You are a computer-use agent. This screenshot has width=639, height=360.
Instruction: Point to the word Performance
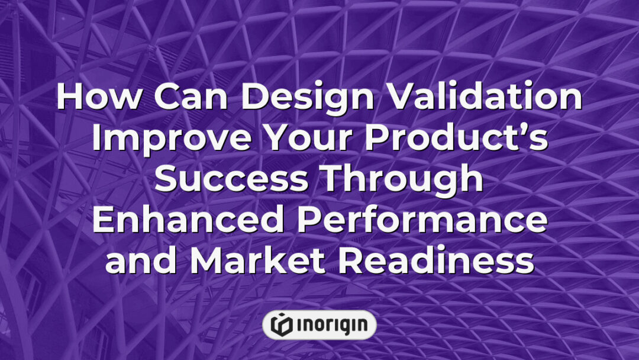422,221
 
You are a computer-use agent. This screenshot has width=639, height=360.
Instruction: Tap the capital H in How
70,98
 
